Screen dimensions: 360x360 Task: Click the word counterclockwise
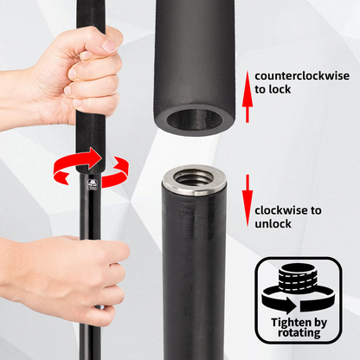(x=302, y=76)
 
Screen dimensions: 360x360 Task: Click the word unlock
(x=273, y=224)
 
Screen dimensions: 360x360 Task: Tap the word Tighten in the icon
(x=292, y=322)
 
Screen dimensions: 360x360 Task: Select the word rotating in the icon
(x=299, y=333)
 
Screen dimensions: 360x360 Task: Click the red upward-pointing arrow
(x=247, y=97)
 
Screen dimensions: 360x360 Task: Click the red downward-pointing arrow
(x=247, y=201)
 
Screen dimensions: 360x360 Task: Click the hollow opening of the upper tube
(x=195, y=119)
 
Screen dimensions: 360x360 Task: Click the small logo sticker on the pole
(x=93, y=184)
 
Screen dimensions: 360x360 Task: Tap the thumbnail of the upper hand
(x=110, y=45)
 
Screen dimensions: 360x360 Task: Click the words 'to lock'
(x=273, y=89)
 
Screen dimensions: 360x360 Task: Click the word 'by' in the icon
(x=320, y=323)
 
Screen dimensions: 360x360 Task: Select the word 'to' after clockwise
(x=315, y=210)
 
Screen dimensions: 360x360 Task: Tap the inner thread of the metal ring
(x=194, y=179)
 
